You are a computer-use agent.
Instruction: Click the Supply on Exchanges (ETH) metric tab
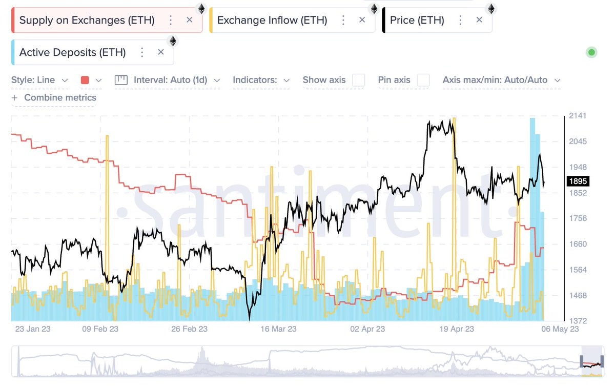[x=87, y=21]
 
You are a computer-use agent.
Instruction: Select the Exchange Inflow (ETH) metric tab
[x=272, y=21]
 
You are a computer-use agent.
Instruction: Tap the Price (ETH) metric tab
[x=417, y=21]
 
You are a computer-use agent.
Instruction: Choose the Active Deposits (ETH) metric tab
[x=72, y=52]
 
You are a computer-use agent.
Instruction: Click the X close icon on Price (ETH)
[x=479, y=20]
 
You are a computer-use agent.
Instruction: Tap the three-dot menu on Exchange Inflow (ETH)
[x=343, y=20]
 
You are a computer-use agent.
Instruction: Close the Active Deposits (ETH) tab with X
[x=161, y=52]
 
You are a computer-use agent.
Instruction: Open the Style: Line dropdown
[x=40, y=80]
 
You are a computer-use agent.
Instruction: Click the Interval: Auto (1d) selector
[x=168, y=80]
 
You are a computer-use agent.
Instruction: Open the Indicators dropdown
[x=261, y=80]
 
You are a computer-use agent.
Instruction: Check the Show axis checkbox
[x=359, y=80]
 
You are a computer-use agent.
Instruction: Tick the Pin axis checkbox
[x=423, y=80]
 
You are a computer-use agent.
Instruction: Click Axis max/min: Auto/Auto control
[x=501, y=80]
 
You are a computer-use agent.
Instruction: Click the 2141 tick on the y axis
[x=578, y=116]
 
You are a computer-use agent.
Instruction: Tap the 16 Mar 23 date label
[x=278, y=329]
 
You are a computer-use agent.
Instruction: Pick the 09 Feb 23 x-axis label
[x=100, y=329]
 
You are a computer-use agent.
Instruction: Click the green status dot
[x=591, y=52]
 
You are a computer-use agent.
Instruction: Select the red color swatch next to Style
[x=85, y=80]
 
